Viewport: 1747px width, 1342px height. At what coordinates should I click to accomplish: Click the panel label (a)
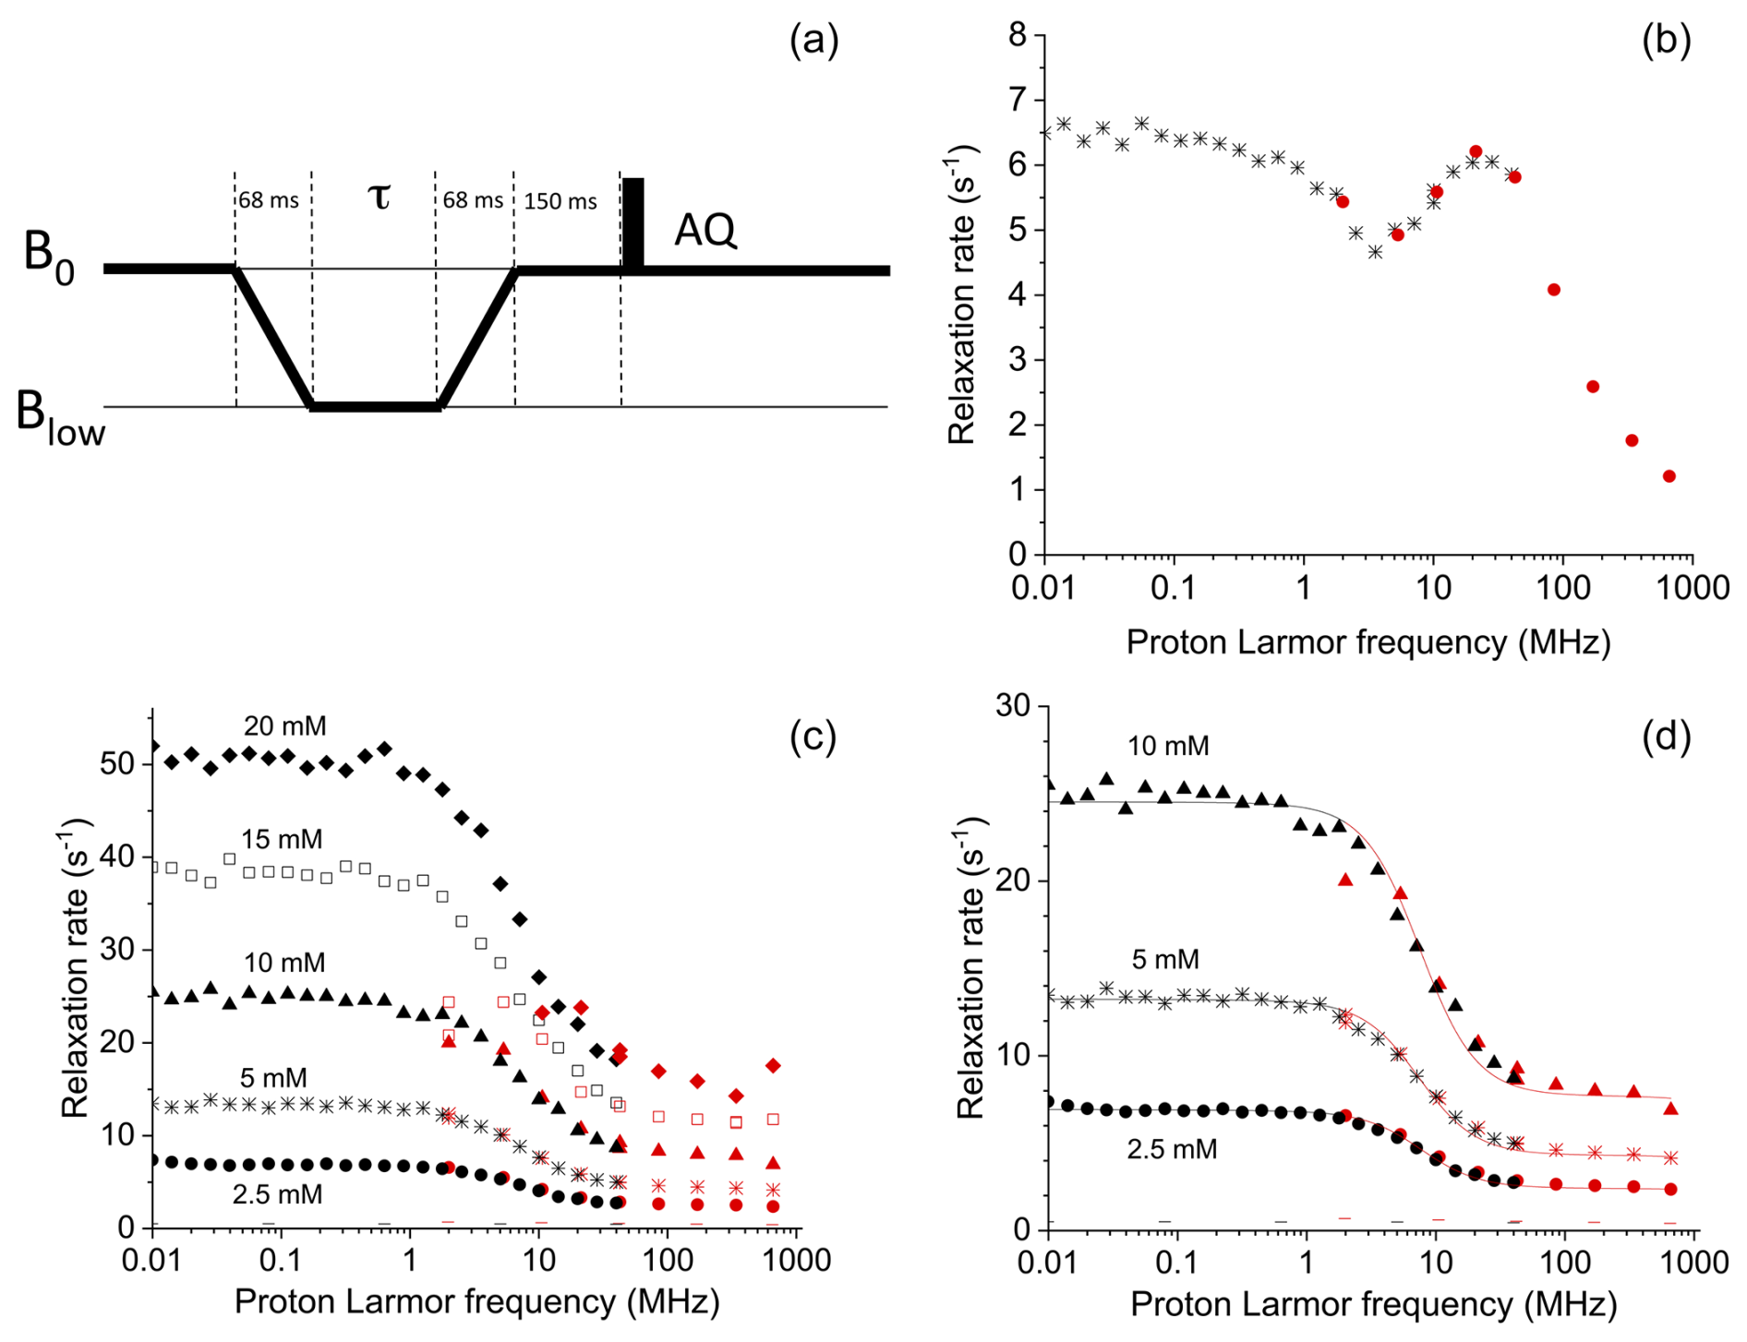[813, 42]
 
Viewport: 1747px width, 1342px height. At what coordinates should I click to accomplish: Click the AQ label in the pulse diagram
[705, 230]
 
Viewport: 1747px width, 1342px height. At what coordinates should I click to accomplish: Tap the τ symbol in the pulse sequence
[379, 196]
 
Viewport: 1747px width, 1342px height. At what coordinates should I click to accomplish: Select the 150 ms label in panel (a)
[560, 201]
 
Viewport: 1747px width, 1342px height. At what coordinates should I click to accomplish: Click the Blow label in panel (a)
[60, 420]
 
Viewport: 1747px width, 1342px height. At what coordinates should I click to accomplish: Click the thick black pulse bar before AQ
[633, 224]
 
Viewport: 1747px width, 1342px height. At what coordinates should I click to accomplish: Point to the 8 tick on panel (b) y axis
[1017, 35]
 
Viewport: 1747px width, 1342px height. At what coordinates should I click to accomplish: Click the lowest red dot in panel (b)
[1669, 476]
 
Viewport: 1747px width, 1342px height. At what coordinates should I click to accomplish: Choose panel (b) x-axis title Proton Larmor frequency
[1367, 642]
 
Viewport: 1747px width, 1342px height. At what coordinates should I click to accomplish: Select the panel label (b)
[1666, 42]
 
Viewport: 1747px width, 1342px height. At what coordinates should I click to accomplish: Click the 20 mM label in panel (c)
[284, 726]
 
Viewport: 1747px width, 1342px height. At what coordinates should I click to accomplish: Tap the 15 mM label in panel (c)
[282, 839]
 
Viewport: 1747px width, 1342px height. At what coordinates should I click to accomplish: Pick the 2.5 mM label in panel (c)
[277, 1194]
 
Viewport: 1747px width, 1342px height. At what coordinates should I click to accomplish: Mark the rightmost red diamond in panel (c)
[773, 1066]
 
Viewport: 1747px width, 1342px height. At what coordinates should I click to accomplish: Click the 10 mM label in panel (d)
[1167, 746]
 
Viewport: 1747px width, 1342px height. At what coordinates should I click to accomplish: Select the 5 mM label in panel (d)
[1165, 960]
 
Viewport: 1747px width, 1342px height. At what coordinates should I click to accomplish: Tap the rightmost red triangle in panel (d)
[1670, 1108]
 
